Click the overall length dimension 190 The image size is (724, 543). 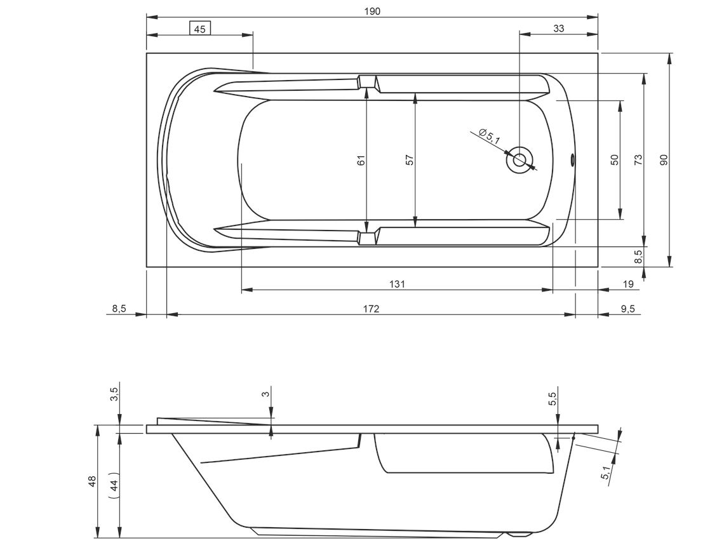click(x=372, y=11)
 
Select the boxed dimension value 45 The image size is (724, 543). click(x=199, y=29)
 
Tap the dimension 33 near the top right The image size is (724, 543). click(x=559, y=29)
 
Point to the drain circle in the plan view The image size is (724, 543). click(x=520, y=160)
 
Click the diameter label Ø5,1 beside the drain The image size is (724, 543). click(x=490, y=136)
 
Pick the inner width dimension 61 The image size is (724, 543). click(x=361, y=160)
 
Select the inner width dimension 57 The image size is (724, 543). click(x=410, y=160)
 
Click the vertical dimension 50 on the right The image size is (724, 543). click(x=614, y=160)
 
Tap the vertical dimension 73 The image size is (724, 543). click(x=638, y=160)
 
